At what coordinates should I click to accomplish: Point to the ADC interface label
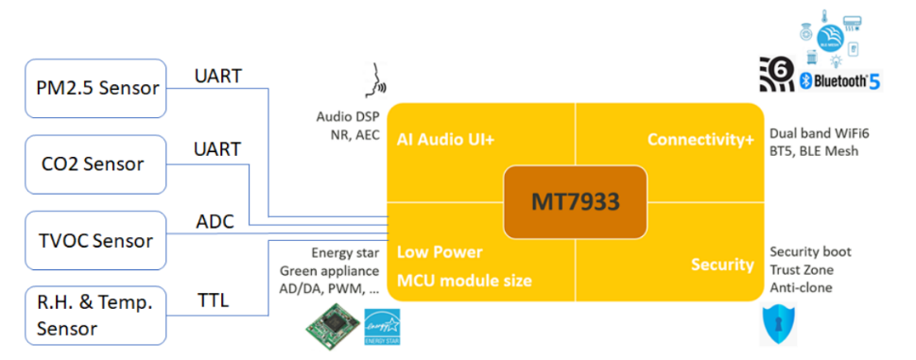point(215,224)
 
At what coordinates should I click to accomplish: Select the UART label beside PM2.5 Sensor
point(217,75)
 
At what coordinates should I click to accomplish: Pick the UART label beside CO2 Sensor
point(217,149)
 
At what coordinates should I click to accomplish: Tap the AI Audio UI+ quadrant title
point(446,140)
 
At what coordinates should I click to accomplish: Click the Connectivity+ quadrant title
point(700,140)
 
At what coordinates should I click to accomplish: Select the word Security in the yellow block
point(722,265)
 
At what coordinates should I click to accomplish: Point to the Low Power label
point(440,252)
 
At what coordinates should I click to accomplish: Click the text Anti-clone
point(802,287)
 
